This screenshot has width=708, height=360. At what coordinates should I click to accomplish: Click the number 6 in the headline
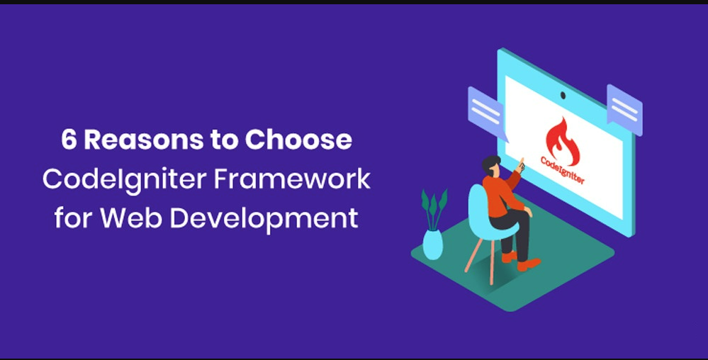tap(69, 140)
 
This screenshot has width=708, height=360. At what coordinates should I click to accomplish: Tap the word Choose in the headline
tap(298, 140)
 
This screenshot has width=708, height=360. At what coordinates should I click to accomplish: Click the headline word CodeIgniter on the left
tap(124, 180)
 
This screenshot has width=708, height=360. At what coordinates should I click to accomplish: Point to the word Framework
tap(292, 179)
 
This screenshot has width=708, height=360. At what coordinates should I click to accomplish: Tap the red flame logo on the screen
tap(562, 141)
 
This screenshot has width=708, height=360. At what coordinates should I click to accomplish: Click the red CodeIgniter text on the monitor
tap(562, 170)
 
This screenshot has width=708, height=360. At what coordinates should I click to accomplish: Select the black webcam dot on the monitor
tap(563, 95)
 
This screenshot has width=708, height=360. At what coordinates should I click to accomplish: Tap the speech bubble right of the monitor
tap(624, 109)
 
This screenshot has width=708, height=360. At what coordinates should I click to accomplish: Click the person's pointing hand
tap(521, 165)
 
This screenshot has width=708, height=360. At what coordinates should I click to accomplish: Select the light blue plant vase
tap(432, 244)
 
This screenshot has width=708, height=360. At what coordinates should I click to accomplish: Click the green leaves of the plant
tap(434, 208)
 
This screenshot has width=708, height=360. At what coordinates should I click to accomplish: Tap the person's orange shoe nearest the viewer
tap(529, 265)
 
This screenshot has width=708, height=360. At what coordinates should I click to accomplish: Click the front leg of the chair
tap(492, 262)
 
